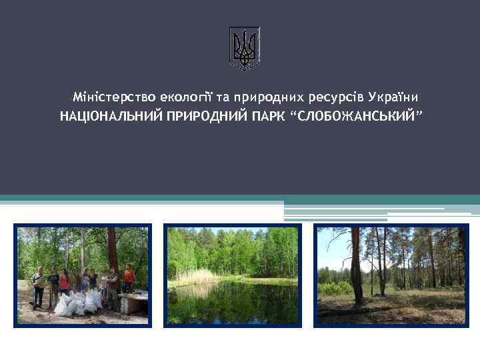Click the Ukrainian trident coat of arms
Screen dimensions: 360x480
(x=244, y=47)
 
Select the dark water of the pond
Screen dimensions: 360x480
(x=233, y=300)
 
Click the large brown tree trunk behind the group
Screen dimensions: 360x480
(x=111, y=247)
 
